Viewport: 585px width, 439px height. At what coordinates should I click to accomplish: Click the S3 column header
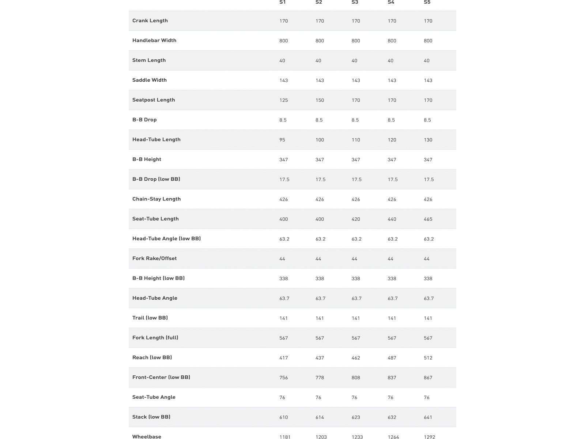(x=355, y=2)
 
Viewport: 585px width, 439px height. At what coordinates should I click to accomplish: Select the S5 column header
(x=427, y=2)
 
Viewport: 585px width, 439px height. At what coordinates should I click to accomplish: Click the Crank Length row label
(x=150, y=20)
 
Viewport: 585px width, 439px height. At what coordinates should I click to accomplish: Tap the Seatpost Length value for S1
(x=284, y=100)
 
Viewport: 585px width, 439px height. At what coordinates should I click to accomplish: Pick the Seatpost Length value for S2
(x=320, y=100)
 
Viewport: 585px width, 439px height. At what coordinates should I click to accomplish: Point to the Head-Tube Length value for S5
(x=428, y=140)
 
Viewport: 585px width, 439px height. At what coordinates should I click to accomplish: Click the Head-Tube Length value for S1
(x=282, y=140)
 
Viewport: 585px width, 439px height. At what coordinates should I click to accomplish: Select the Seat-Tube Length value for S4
(x=392, y=219)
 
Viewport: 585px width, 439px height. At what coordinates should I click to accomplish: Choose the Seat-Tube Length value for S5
(x=428, y=219)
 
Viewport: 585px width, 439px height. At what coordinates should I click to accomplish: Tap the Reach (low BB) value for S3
(x=356, y=358)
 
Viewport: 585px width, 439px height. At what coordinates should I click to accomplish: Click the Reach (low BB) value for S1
(x=284, y=358)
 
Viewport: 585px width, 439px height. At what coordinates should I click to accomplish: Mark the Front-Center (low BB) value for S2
(x=320, y=378)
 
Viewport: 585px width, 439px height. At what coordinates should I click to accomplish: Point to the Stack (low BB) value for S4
(x=392, y=417)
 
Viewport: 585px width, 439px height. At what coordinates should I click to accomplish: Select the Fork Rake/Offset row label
(x=154, y=258)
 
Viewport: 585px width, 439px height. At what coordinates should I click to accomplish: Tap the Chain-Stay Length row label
(x=156, y=199)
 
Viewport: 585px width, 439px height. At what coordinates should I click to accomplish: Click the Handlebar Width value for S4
(x=392, y=41)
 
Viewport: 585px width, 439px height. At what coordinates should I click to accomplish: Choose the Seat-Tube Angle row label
(x=154, y=397)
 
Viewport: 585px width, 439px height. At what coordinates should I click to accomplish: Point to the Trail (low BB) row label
(x=150, y=318)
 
